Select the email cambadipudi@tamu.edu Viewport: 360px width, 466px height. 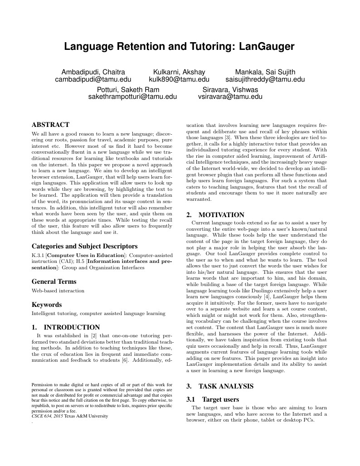[x=93, y=79]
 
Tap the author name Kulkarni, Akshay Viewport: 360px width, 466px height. [x=179, y=72]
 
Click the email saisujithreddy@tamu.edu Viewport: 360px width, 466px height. [x=265, y=79]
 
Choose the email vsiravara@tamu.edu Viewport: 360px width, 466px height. [x=230, y=96]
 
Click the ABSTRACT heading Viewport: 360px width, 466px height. [x=50, y=125]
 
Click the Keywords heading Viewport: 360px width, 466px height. [x=47, y=305]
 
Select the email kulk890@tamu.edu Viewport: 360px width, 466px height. [x=179, y=79]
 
